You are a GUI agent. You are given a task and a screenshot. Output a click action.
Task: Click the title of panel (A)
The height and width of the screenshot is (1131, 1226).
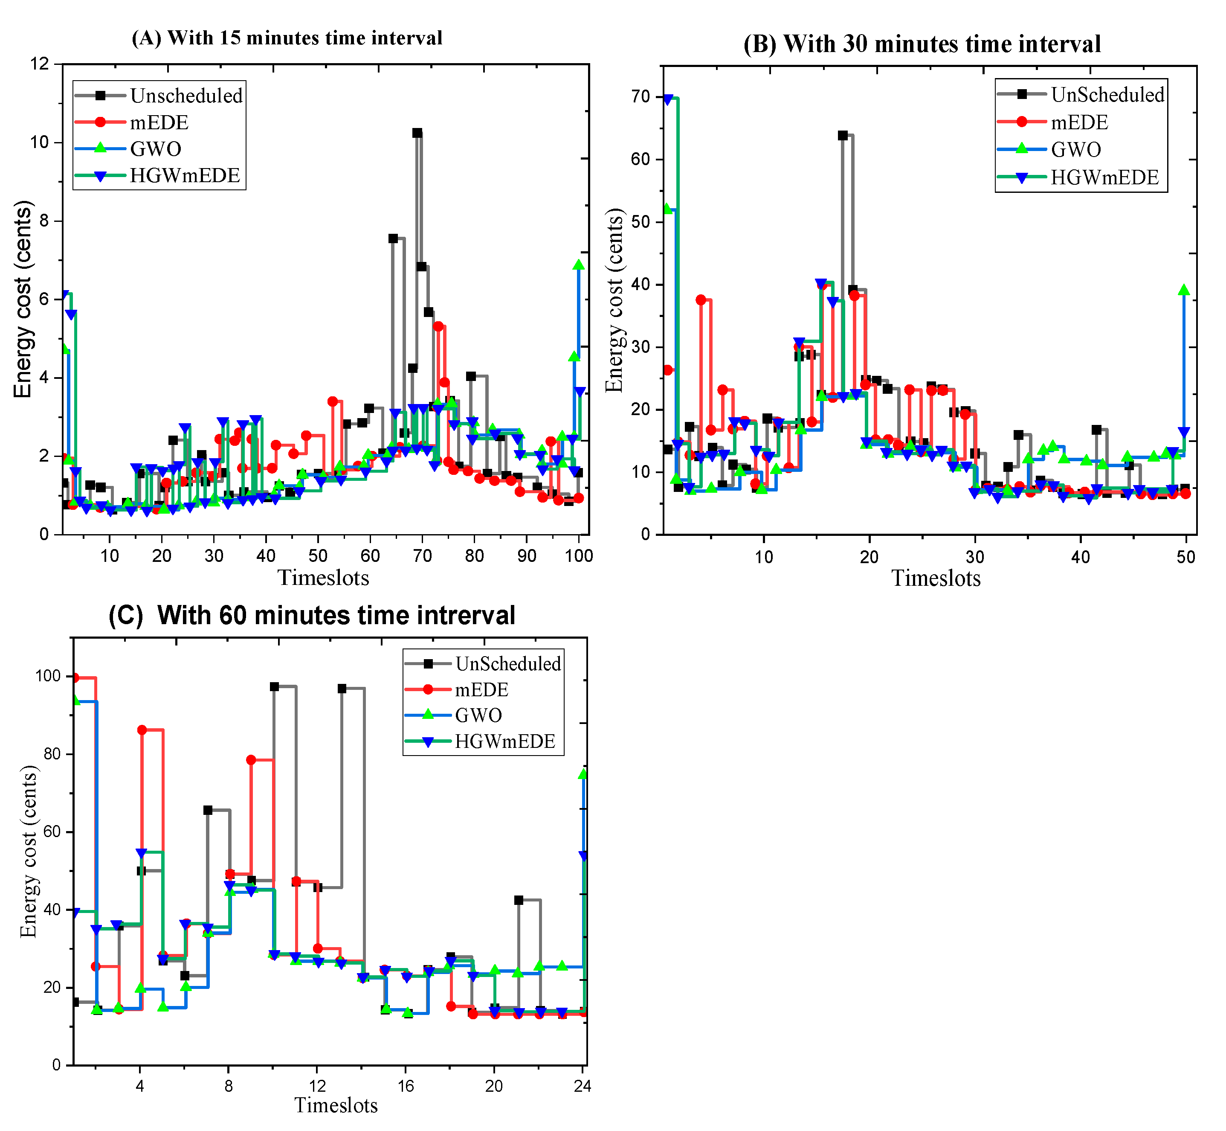pyautogui.click(x=287, y=38)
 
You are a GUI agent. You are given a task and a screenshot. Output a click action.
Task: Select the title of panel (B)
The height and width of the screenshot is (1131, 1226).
pyautogui.click(x=922, y=44)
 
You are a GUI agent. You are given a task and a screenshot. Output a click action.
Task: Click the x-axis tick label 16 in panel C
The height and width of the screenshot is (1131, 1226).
pyautogui.click(x=406, y=1086)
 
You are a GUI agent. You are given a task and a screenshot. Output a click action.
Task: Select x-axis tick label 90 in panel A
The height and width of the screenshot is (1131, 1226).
pyautogui.click(x=527, y=556)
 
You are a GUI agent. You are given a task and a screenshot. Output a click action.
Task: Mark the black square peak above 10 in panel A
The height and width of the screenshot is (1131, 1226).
pyautogui.click(x=417, y=133)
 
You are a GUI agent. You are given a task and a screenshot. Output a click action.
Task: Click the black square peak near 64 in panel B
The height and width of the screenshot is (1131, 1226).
pyautogui.click(x=842, y=135)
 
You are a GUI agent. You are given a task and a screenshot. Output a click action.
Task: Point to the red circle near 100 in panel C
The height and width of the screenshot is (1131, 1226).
pyautogui.click(x=75, y=677)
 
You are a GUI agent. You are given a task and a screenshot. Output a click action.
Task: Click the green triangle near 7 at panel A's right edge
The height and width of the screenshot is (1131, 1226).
pyautogui.click(x=578, y=265)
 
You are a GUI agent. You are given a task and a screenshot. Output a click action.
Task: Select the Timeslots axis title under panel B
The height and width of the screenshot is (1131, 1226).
pyautogui.click(x=936, y=579)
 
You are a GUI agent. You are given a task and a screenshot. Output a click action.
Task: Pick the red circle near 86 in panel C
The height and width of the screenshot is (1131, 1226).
pyautogui.click(x=142, y=730)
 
